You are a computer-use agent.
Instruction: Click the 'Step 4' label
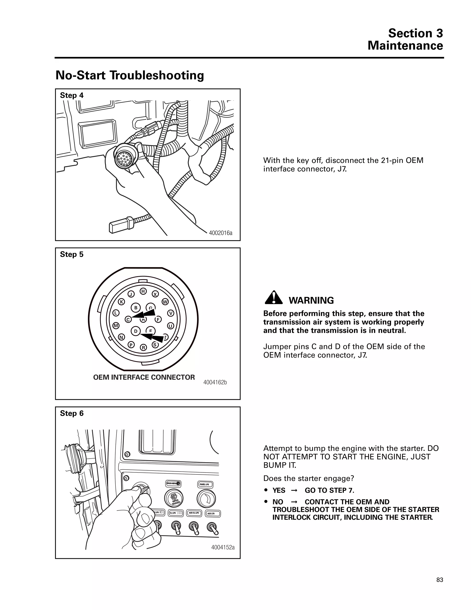coord(72,96)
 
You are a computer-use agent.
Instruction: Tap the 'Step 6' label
coord(72,413)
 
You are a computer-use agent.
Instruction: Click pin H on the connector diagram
coord(143,291)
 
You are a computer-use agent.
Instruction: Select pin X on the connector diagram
coord(155,294)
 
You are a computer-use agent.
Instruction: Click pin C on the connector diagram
coord(128,319)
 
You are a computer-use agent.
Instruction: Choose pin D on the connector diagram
coord(136,331)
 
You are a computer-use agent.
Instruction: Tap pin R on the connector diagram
coord(144,347)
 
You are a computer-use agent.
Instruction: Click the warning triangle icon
coord(274,298)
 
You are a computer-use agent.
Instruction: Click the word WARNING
coord(311,301)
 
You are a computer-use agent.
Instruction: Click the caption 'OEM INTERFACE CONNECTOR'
coord(144,377)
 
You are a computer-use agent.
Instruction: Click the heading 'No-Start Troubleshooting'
coord(130,76)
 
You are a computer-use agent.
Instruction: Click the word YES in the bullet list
coord(279,491)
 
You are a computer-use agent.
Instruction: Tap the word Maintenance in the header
coord(405,46)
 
